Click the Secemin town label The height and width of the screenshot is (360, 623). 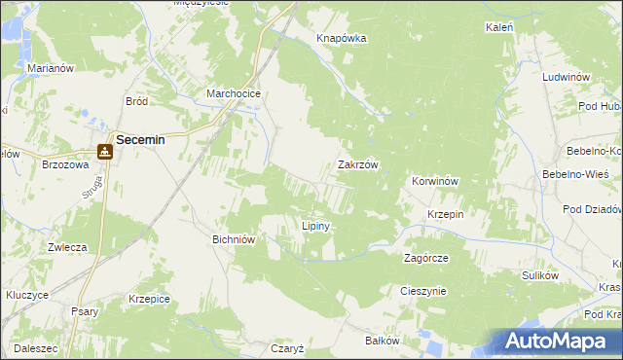click(x=140, y=140)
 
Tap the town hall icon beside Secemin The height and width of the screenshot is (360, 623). click(x=103, y=152)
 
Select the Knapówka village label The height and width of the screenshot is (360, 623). click(x=341, y=39)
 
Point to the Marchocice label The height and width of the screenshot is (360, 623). click(x=231, y=94)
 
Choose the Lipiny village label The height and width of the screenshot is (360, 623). click(x=316, y=226)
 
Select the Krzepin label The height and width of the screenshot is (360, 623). click(x=445, y=214)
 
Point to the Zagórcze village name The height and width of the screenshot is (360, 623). click(x=425, y=259)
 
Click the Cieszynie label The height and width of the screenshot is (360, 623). click(x=422, y=291)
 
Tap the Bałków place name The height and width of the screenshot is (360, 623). click(x=382, y=341)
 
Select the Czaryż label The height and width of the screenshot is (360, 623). click(x=288, y=347)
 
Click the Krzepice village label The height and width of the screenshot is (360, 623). click(x=149, y=300)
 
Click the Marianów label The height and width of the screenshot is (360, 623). click(x=52, y=68)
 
